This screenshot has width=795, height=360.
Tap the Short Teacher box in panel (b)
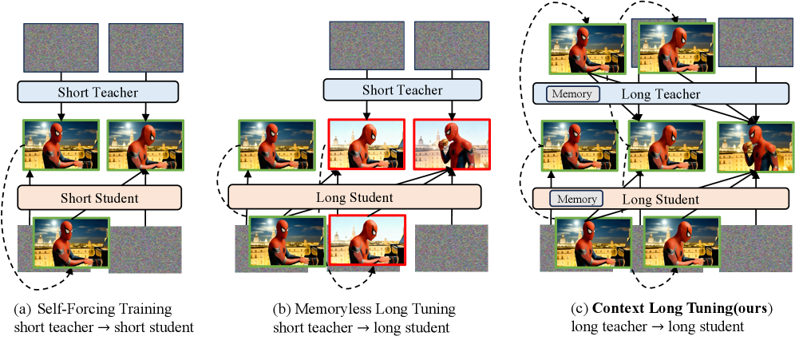pyautogui.click(x=402, y=91)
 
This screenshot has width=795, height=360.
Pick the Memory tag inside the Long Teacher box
pyautogui.click(x=572, y=94)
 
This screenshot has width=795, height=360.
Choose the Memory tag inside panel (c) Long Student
pyautogui.click(x=576, y=199)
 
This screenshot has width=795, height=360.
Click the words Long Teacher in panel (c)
pyautogui.click(x=660, y=94)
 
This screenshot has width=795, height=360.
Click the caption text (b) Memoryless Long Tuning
pyautogui.click(x=364, y=309)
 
